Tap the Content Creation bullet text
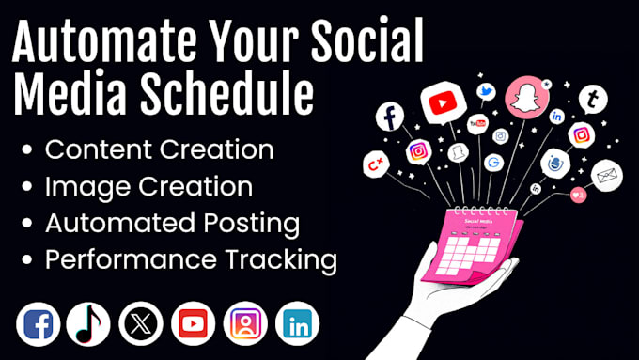pos(160,149)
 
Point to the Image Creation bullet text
pos(148,187)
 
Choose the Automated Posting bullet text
pos(172,225)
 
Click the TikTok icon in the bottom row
pos(88,324)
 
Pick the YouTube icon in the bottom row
pos(194,324)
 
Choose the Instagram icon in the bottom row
pos(246,324)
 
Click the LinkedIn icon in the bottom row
pos(299,324)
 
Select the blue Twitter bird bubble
pos(486,92)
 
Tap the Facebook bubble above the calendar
pos(388,117)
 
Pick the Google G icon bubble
pos(494,163)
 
